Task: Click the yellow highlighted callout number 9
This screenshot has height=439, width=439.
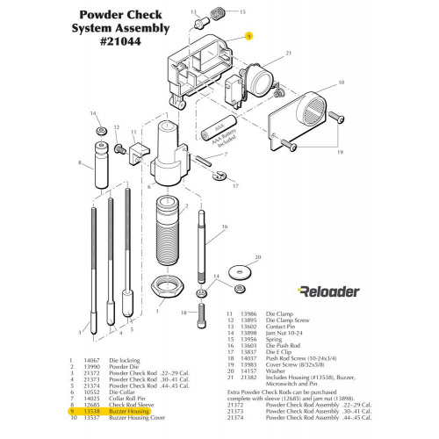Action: [248, 37]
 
